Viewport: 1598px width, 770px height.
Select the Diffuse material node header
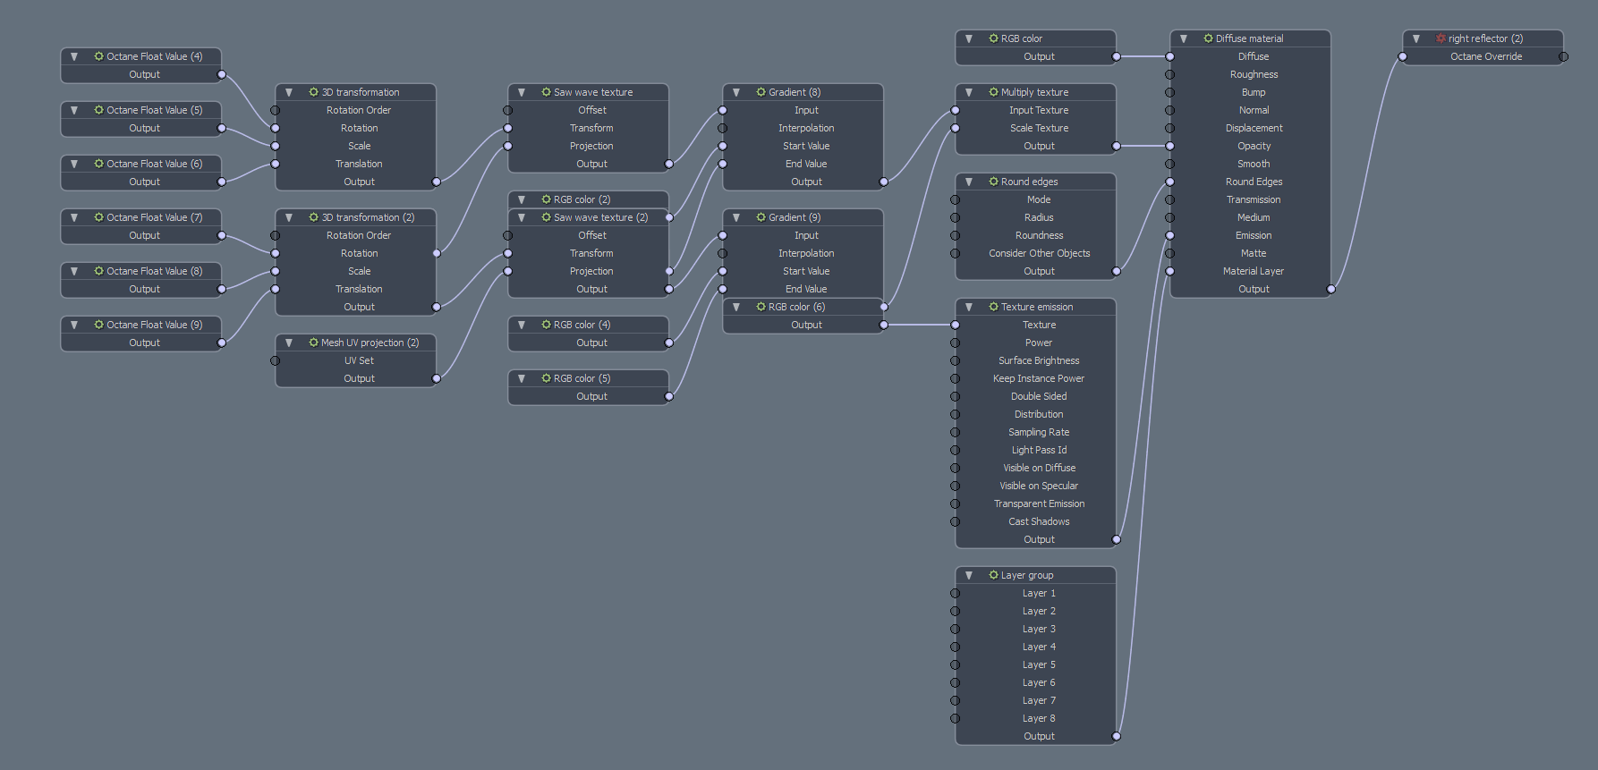1249,38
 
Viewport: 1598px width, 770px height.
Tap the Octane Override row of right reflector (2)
1485,56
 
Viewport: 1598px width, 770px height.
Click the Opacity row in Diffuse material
1254,146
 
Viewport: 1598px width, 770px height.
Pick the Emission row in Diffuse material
1254,235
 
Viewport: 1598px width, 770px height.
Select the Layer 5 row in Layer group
1039,664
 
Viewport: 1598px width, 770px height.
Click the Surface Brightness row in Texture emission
1039,360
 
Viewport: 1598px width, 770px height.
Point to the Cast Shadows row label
1039,521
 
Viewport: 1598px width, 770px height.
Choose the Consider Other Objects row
1039,253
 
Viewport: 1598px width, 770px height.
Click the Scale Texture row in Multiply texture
1039,128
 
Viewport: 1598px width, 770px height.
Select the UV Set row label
359,360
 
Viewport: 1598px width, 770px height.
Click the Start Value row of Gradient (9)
806,271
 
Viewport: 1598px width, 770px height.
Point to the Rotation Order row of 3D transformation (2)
359,235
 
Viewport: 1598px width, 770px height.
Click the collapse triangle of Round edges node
969,182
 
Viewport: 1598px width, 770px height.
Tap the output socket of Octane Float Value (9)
222,343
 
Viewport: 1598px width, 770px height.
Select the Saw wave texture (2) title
600,217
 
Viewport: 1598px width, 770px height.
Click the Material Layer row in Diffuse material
1254,271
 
